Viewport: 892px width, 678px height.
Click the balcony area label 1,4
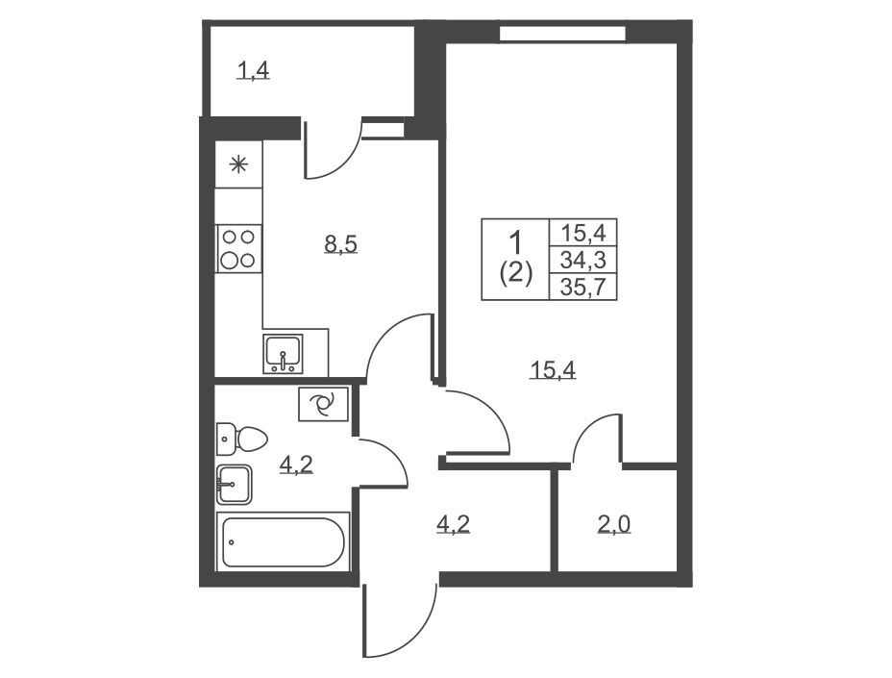[x=253, y=72]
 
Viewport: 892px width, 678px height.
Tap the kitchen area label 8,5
[x=340, y=244]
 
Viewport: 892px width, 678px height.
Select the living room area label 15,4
[x=553, y=370]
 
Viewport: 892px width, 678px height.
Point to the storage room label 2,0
[x=614, y=524]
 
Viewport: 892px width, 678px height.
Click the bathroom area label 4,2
[x=296, y=465]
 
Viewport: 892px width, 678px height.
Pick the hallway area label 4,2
[x=453, y=524]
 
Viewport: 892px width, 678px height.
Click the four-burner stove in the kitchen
[x=239, y=248]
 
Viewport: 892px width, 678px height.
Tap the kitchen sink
[x=283, y=354]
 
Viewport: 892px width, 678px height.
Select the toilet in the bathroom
[x=242, y=439]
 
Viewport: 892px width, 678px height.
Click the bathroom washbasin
[x=234, y=485]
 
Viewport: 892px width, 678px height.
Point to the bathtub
[x=283, y=541]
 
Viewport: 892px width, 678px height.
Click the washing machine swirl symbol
[x=323, y=404]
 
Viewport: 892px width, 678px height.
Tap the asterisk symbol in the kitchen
[x=238, y=165]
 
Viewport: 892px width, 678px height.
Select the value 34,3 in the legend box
[x=583, y=261]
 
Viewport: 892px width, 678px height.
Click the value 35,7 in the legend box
[x=583, y=288]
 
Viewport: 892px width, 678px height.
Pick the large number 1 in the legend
[x=515, y=242]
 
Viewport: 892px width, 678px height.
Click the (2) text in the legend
[x=515, y=274]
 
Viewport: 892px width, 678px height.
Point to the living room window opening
[x=562, y=34]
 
